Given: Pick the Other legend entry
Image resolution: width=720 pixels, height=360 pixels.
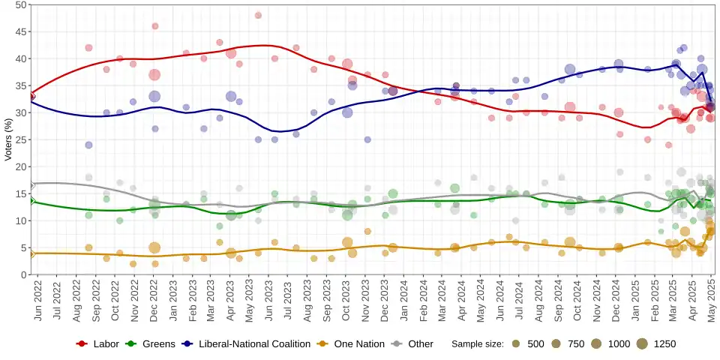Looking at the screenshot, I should coord(420,344).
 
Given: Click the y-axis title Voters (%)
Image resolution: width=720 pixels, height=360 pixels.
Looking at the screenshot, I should coord(9,139).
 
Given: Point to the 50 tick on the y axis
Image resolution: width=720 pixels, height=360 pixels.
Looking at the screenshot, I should coord(21,4).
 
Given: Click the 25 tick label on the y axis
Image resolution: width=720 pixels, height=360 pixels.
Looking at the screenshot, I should coord(21,139).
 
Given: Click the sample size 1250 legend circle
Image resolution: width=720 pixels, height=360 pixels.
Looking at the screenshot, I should coord(642,344).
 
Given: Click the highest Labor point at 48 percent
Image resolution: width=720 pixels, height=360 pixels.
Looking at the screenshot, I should coord(258,15).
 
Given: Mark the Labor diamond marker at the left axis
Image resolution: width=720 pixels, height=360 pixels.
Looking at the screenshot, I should coord(31,97).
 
